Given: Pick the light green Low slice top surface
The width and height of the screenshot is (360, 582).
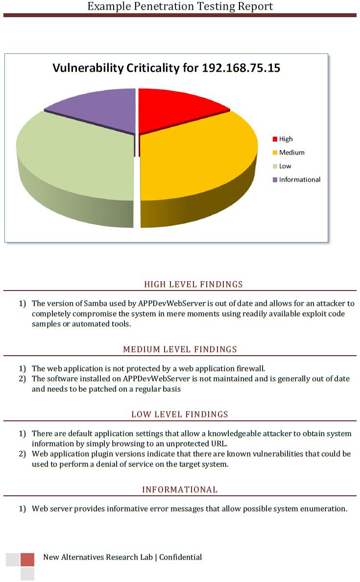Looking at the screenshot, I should point(73,157).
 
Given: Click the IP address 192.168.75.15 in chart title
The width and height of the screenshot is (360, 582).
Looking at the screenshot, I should point(241,68).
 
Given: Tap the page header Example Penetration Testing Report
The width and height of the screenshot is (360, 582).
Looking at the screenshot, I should point(180,6).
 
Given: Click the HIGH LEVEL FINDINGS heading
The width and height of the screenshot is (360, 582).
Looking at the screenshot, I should point(193,284).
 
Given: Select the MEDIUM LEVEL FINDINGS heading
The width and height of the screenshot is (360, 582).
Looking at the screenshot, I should point(180,349).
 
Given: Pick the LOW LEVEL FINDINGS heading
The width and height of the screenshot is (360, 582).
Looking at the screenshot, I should point(180,414).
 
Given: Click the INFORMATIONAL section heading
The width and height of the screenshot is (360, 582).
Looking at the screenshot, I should point(180,489).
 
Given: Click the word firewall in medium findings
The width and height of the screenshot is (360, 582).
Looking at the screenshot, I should point(250,368).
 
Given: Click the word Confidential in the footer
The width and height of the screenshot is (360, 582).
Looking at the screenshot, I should point(180,557).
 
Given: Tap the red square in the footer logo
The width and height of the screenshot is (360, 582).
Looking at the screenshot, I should point(27,559).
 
